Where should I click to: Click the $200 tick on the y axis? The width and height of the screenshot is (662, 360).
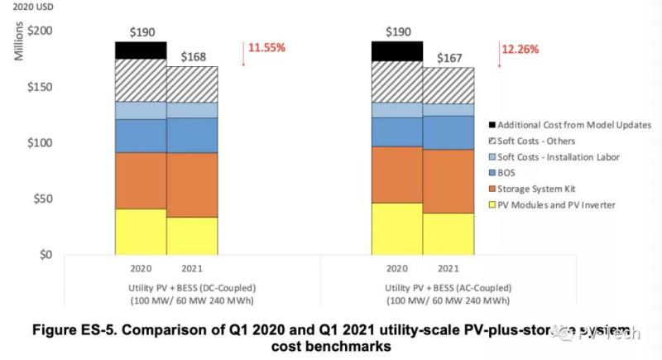click(41, 31)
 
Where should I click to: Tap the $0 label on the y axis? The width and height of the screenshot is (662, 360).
click(47, 255)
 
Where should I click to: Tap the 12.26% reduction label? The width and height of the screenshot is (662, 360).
click(520, 50)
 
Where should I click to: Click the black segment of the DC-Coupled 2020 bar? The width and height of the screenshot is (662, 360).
click(141, 50)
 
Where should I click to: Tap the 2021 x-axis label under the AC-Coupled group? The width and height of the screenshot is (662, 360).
click(448, 269)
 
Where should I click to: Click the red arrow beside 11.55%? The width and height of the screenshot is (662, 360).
click(243, 53)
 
